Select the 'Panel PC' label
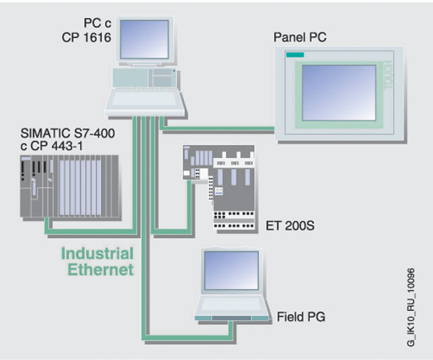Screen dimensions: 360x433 (300, 37)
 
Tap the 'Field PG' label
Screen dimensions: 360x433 (301, 315)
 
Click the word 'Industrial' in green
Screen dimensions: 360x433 (97, 254)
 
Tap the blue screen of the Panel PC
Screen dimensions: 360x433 (339, 91)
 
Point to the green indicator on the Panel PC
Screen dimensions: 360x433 (295, 55)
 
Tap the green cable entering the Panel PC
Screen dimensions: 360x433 (223, 127)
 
